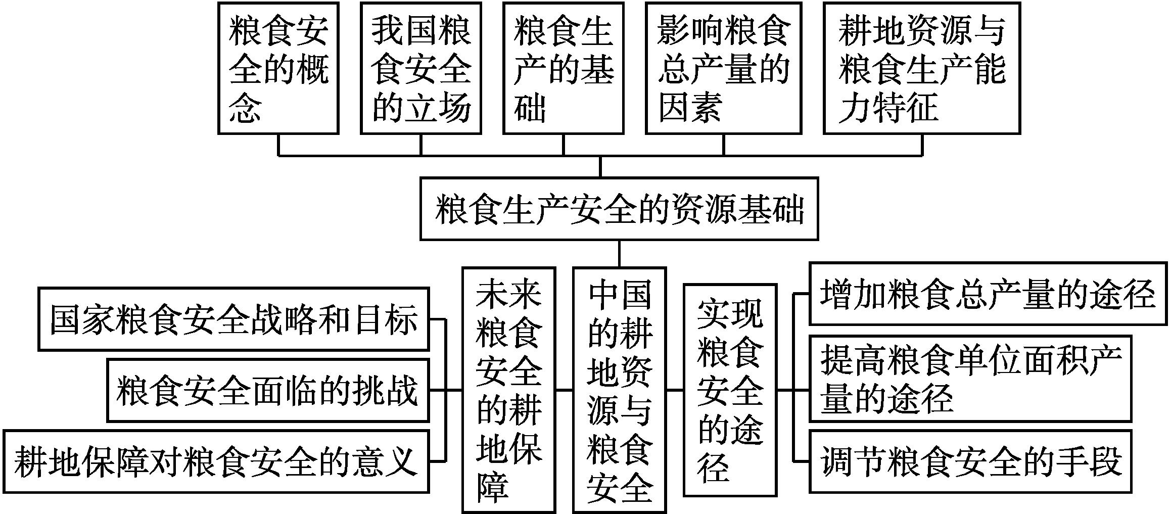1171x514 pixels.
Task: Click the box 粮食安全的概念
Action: (x=278, y=68)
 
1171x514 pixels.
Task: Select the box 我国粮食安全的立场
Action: (x=420, y=68)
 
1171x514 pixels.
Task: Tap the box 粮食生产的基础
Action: (x=563, y=68)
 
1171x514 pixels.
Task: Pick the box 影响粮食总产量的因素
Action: (x=723, y=68)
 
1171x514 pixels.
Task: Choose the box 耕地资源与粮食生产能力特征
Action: (x=922, y=68)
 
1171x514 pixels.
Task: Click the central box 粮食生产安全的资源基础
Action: (x=619, y=209)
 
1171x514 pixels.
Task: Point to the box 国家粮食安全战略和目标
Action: (x=233, y=319)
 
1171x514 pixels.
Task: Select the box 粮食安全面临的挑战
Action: (x=268, y=390)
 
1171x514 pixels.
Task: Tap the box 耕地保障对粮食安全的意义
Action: (x=216, y=461)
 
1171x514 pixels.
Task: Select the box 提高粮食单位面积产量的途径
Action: (x=970, y=378)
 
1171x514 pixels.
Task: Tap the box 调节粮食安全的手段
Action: (x=970, y=461)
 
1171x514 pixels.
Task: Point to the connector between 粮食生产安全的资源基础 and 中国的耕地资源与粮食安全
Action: (x=619, y=253)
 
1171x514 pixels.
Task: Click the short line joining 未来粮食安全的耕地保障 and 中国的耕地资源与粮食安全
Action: (x=564, y=390)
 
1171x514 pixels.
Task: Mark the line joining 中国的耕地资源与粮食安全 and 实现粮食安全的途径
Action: (x=675, y=390)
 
